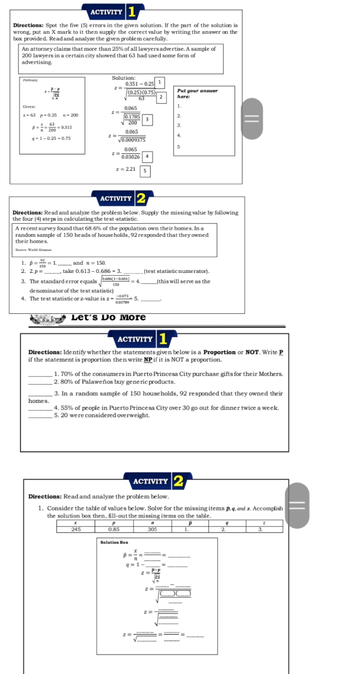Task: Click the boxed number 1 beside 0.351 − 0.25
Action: (x=160, y=82)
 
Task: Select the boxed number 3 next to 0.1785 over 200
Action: (x=146, y=119)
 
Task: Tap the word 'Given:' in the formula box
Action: (x=29, y=106)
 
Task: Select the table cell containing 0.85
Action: (x=114, y=528)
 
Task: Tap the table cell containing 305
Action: (x=152, y=528)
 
